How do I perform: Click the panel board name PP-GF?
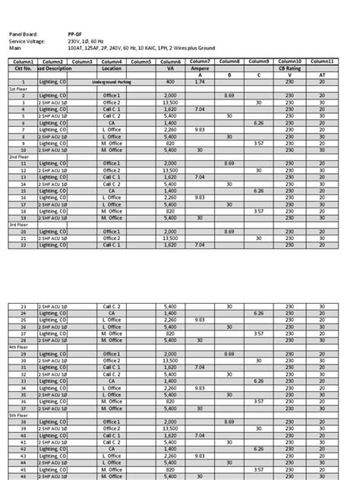[74, 34]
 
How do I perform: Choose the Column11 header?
[322, 61]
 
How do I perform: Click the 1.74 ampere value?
[201, 81]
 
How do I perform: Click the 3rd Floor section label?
[19, 225]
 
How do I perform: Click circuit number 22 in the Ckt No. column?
[23, 245]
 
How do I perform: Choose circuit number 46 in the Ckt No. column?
[23, 476]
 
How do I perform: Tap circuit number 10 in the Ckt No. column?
[23, 150]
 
